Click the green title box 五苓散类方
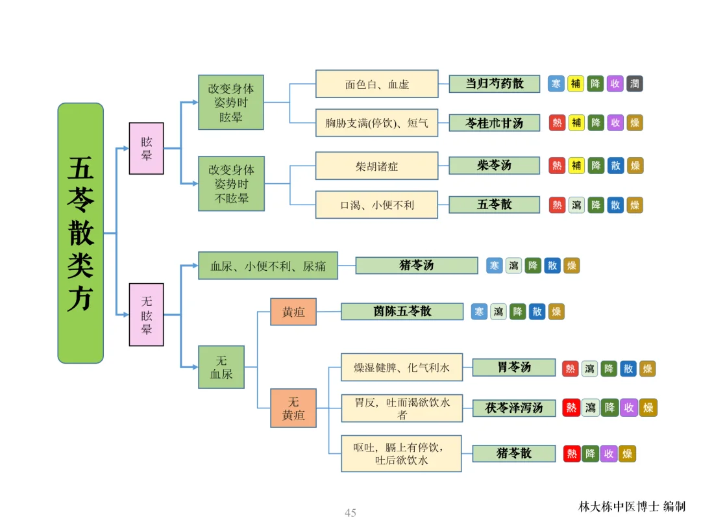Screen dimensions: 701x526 tap(80, 233)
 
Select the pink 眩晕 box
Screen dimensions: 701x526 tap(146, 148)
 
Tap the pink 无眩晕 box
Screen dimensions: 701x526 tap(146, 314)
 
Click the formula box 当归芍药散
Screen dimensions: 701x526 tap(495, 84)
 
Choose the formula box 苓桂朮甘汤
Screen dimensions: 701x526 tap(495, 123)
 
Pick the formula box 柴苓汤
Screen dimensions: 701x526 tap(495, 166)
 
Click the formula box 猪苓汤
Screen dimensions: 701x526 tap(417, 265)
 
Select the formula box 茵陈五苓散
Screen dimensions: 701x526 tap(402, 311)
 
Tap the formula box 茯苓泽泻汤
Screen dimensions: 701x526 tap(514, 407)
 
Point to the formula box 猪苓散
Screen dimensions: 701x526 tap(514, 453)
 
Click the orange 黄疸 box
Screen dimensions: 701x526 tap(293, 312)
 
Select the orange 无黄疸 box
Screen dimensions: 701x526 tap(293, 408)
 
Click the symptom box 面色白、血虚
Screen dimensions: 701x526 tap(377, 84)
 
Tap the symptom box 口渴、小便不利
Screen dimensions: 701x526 tap(377, 205)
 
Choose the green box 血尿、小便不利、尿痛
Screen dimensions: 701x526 tap(268, 266)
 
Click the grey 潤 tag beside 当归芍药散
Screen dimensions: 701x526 tap(634, 84)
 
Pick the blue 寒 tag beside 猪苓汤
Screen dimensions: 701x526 tap(495, 266)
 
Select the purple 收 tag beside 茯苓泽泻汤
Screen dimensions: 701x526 tap(629, 407)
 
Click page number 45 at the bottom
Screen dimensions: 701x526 tap(350, 512)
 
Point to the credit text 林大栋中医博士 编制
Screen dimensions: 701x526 tap(632, 507)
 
